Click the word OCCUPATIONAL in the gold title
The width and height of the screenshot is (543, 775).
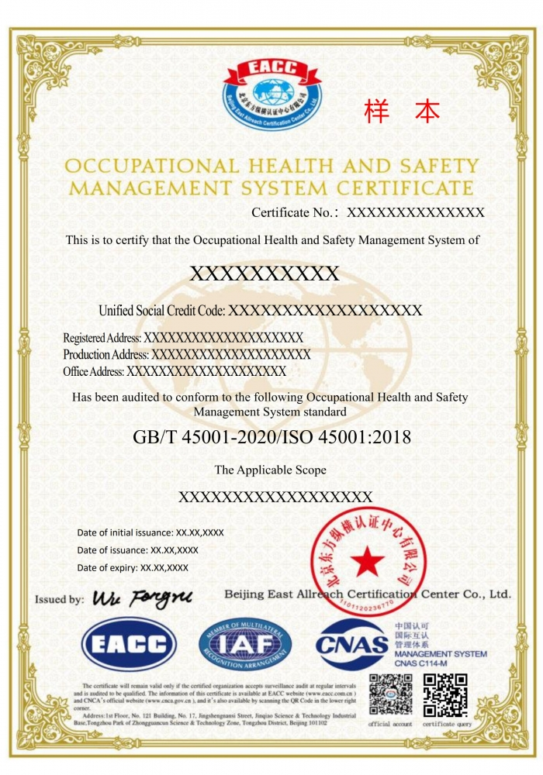(152, 167)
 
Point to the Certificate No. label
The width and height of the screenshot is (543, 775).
(296, 212)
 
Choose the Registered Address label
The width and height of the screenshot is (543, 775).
(102, 339)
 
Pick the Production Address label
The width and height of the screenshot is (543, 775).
(106, 355)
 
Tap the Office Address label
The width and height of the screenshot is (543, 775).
(94, 372)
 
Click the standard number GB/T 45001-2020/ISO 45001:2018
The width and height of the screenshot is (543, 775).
(271, 437)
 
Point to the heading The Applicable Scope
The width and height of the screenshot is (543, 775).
(270, 470)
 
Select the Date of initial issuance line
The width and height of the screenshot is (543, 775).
(150, 532)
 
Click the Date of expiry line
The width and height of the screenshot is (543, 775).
(133, 567)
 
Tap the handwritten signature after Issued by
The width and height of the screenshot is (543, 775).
(142, 598)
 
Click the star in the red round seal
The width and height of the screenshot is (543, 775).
(368, 561)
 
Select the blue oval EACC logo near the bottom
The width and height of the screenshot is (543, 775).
(130, 643)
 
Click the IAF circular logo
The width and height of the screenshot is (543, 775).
(245, 643)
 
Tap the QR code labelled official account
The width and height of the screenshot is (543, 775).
(390, 694)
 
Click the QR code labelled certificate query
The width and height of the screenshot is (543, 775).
(446, 694)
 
